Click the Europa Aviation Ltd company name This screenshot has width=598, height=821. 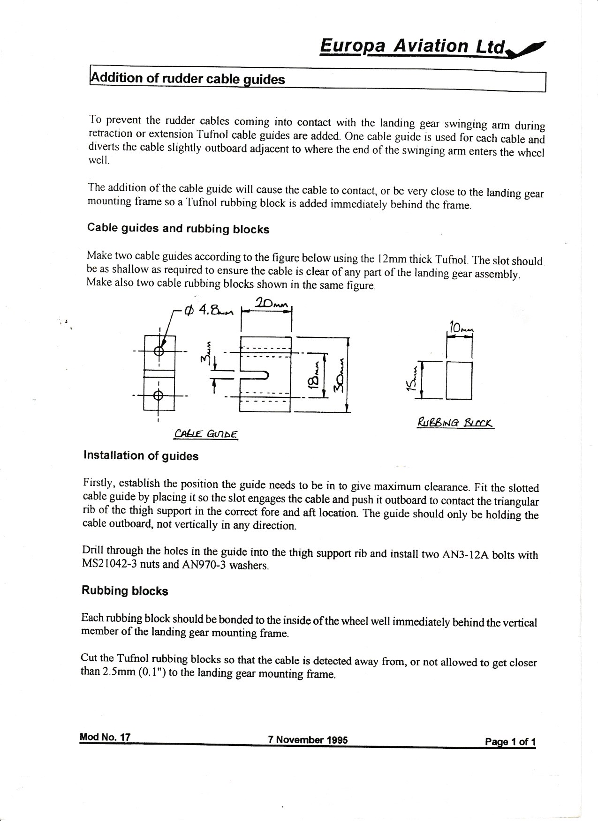413,46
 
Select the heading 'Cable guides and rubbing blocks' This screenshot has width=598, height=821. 178,229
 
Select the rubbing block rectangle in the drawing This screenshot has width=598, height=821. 459,380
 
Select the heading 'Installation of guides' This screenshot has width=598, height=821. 141,455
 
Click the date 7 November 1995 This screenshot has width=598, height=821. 308,740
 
